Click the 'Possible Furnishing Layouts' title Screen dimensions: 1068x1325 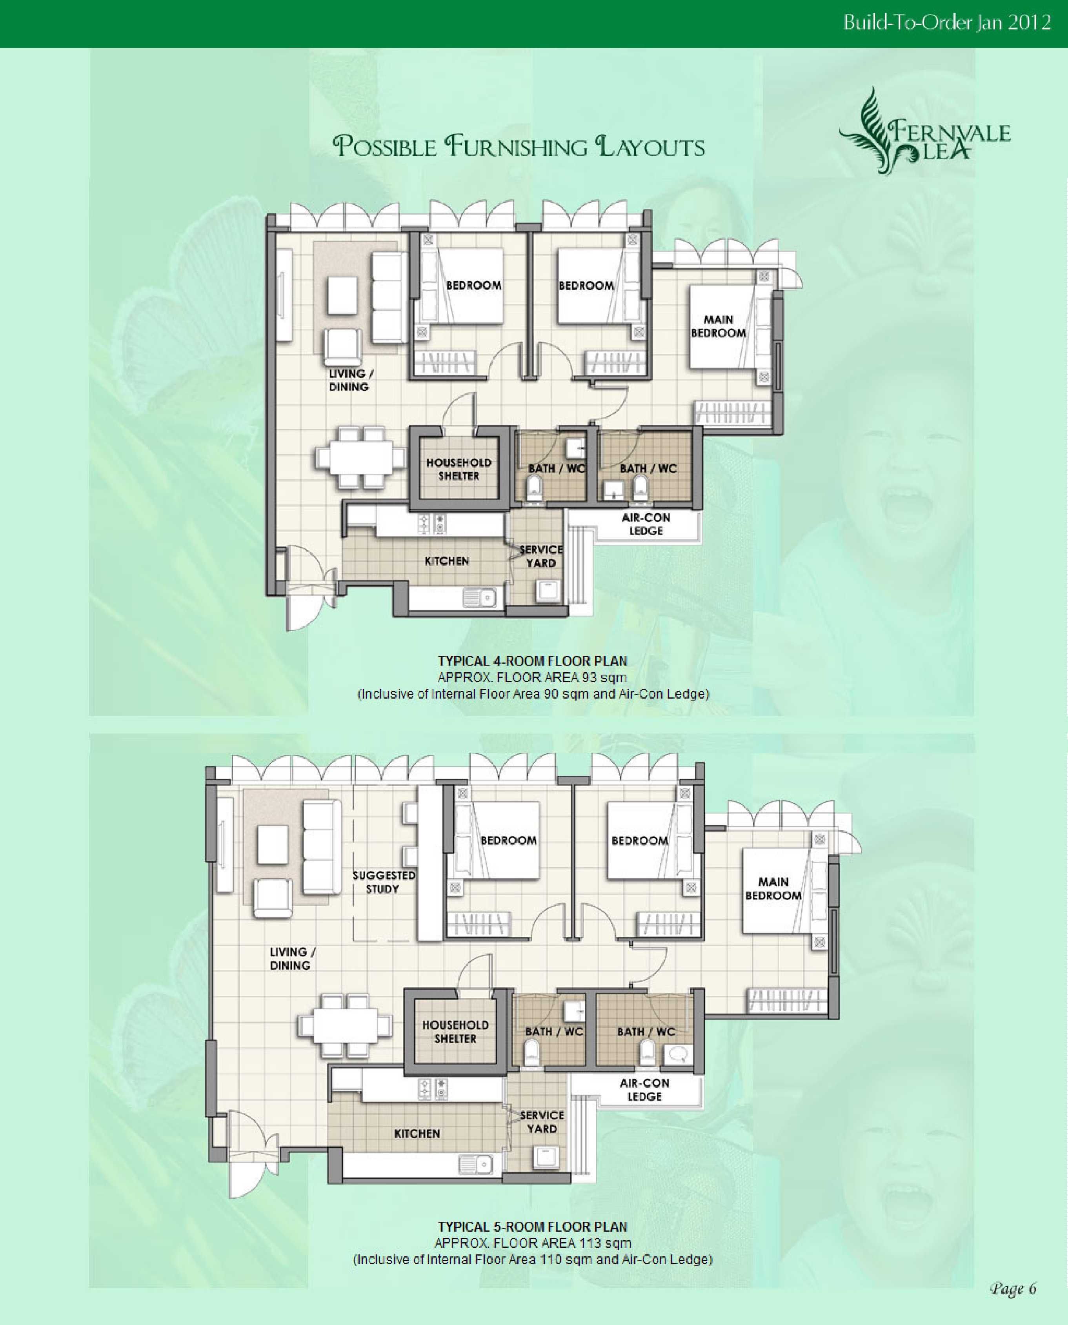click(519, 146)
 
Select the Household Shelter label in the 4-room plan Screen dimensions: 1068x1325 click(458, 469)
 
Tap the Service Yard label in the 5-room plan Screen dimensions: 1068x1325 click(541, 1122)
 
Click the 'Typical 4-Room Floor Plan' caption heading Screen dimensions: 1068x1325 click(533, 661)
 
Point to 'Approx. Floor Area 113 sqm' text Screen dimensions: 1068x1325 click(533, 1243)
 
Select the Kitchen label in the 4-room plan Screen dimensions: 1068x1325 click(447, 561)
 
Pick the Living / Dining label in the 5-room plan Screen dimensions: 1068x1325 click(292, 958)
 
